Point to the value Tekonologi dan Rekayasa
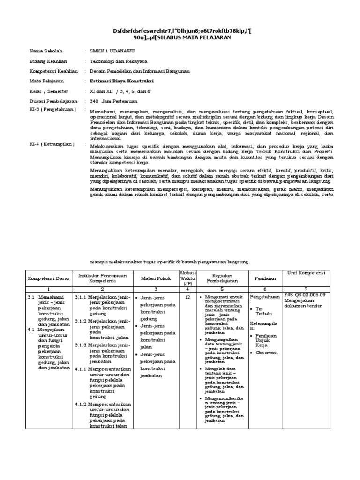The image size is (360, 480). click(x=118, y=61)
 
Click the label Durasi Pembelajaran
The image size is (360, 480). click(x=52, y=101)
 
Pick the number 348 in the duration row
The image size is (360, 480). click(x=94, y=101)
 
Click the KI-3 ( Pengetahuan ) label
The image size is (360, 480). click(x=51, y=110)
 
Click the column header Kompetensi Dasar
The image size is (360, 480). click(x=49, y=278)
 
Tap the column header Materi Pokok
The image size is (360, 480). click(x=154, y=278)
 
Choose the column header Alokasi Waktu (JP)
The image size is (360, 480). click(x=188, y=278)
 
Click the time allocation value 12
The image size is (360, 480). click(x=187, y=297)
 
